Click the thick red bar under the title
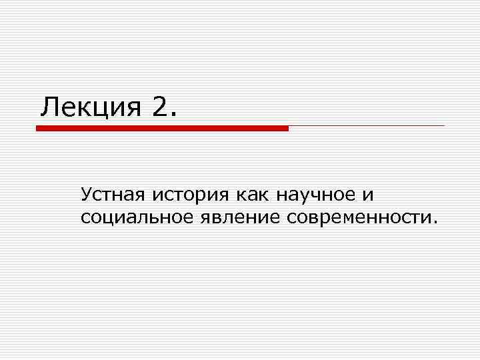tap(162, 128)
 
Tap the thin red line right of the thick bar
tap(367, 125)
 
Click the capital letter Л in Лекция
tap(49, 106)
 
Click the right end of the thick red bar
tap(287, 128)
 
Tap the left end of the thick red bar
tap(37, 128)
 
